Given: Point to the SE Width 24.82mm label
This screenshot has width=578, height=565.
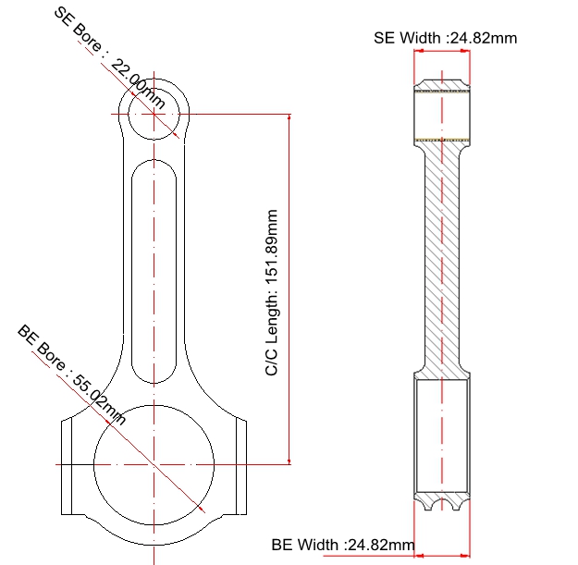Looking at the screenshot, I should point(445,38).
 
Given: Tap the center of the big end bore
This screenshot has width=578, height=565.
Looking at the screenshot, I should point(154,461).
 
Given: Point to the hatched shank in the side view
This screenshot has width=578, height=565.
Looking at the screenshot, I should point(442,259).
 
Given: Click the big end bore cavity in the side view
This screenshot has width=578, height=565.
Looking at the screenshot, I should point(442,439).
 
